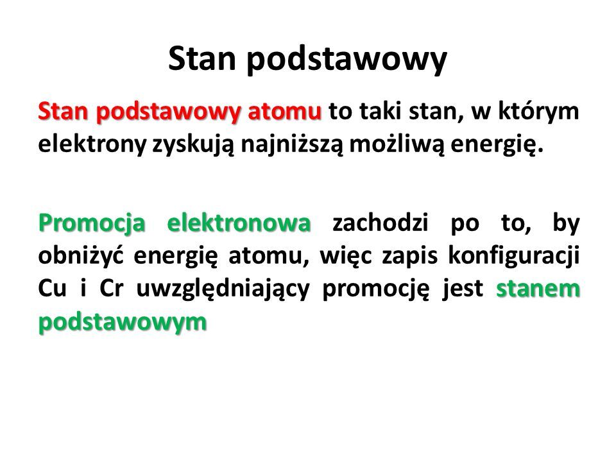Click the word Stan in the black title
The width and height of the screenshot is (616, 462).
202,59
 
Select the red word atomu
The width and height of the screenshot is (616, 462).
284,111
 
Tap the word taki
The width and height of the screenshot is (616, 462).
380,111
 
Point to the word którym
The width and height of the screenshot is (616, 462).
538,112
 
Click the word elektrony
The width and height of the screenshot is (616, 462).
92,145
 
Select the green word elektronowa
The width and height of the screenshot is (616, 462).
239,223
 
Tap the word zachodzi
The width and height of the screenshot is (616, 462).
381,223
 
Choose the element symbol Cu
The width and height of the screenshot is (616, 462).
52,289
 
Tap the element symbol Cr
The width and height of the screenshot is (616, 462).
112,289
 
